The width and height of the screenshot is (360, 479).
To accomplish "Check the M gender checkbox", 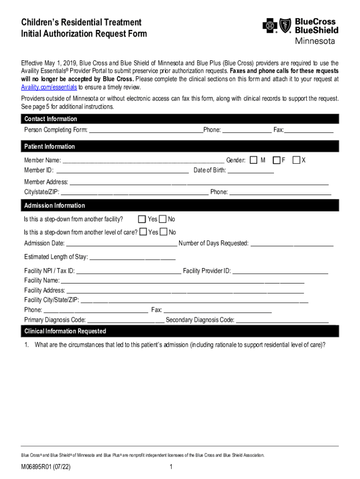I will (253, 160).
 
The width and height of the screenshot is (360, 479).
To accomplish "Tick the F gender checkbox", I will (277, 160).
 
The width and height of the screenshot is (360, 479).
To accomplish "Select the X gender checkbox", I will (296, 160).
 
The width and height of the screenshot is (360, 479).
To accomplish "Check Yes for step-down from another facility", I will (142, 219).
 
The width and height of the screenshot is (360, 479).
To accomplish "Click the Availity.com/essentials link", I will (49, 87).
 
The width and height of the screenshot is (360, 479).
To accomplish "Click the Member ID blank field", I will (122, 170).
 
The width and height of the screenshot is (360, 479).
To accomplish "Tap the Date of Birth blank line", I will (251, 170).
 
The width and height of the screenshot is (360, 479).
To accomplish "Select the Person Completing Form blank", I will (146, 130).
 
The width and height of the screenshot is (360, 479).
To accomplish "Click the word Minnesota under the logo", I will (315, 41).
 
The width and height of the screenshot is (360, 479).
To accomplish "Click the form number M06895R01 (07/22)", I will (46, 467).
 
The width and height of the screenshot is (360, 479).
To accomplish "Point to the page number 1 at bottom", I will (172, 467).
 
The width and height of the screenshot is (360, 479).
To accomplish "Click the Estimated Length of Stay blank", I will (132, 257).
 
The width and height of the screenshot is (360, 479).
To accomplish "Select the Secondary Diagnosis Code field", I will (282, 320).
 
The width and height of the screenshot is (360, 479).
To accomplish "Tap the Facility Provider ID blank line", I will (281, 271).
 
